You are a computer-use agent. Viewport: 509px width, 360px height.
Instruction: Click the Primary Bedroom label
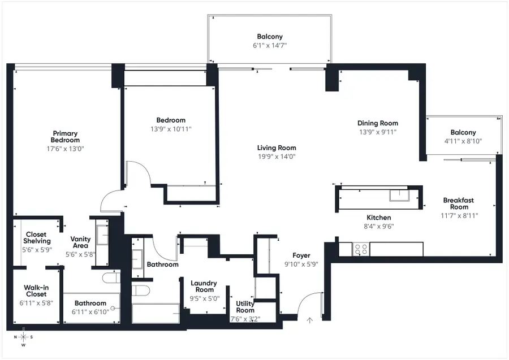65,137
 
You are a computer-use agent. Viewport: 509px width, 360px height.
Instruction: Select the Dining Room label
377,123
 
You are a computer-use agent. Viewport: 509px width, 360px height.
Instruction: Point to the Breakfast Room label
458,203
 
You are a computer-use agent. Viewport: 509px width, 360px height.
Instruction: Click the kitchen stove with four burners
361,248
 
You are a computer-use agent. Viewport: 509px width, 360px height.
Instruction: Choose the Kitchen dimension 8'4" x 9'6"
378,226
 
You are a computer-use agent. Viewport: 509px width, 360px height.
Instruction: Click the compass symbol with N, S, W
23,337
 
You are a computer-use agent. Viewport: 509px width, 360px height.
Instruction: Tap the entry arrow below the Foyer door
309,320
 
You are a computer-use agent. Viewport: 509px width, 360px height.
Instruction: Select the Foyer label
301,255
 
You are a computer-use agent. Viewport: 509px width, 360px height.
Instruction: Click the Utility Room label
245,307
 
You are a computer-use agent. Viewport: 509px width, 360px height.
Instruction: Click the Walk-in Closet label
35,290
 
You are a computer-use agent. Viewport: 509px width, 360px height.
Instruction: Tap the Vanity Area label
80,243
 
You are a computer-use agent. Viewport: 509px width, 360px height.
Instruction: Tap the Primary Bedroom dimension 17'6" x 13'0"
65,149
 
